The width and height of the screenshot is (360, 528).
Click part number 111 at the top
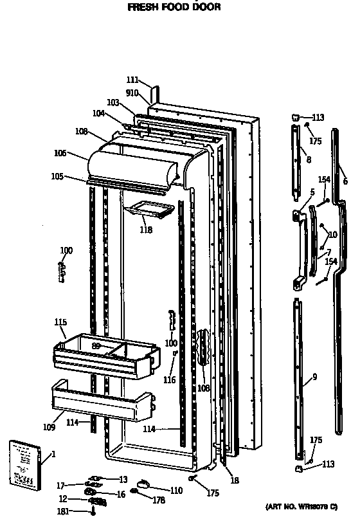[x=132, y=80]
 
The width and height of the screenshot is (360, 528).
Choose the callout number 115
[x=60, y=322]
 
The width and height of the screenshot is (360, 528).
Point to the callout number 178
[x=158, y=499]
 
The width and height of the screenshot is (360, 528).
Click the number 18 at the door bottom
[x=235, y=480]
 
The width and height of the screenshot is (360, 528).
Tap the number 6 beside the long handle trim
[x=345, y=181]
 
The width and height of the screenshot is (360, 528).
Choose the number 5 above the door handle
[x=312, y=192]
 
